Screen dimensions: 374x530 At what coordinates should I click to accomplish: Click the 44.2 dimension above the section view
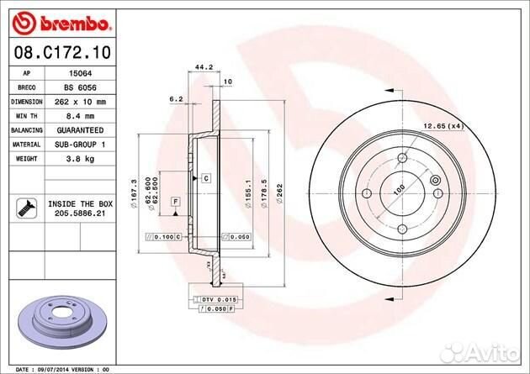[x=200, y=65]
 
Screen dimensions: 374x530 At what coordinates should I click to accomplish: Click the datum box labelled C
[x=204, y=179]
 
